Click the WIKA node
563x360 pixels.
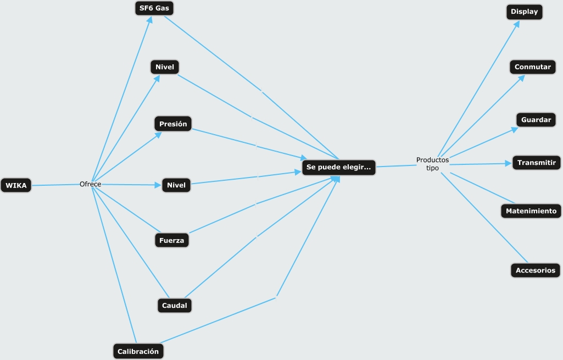(16, 185)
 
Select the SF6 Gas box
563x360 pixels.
(155, 9)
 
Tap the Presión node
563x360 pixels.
(173, 124)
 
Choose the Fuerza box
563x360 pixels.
(171, 240)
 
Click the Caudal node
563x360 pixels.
(174, 305)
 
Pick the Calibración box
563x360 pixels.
(138, 351)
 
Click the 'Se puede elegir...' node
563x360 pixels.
(338, 167)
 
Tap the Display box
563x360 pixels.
(524, 12)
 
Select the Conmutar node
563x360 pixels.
(532, 67)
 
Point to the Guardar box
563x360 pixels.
(536, 119)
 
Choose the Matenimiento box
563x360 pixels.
(531, 211)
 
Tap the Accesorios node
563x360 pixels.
(536, 270)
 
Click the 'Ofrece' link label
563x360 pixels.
(90, 184)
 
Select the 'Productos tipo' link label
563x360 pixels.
(432, 164)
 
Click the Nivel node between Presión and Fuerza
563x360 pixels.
(176, 185)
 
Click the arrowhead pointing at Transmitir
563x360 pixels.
(508, 163)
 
